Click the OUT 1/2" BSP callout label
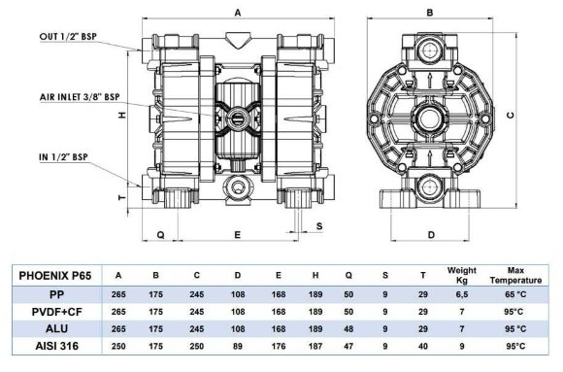(x=68, y=37)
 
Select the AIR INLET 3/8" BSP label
(x=80, y=97)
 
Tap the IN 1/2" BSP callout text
(x=63, y=157)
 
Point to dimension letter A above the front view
(x=238, y=13)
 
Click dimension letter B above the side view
(x=430, y=13)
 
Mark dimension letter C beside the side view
(x=511, y=116)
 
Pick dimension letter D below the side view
(x=431, y=235)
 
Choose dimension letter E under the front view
(x=238, y=235)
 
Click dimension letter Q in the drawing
(x=161, y=235)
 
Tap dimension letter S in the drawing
(x=319, y=226)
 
